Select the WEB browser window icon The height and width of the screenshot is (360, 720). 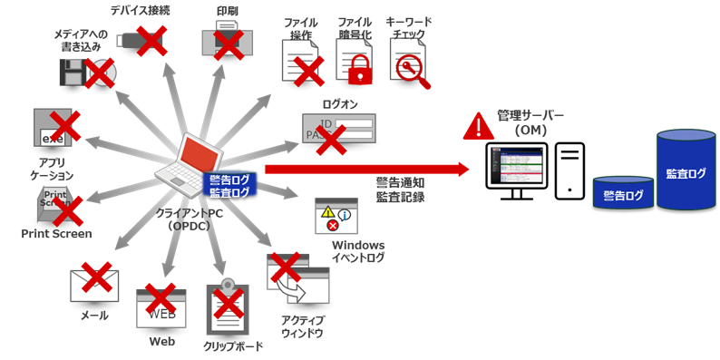tap(161, 308)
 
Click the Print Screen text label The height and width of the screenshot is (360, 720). tap(56, 234)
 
